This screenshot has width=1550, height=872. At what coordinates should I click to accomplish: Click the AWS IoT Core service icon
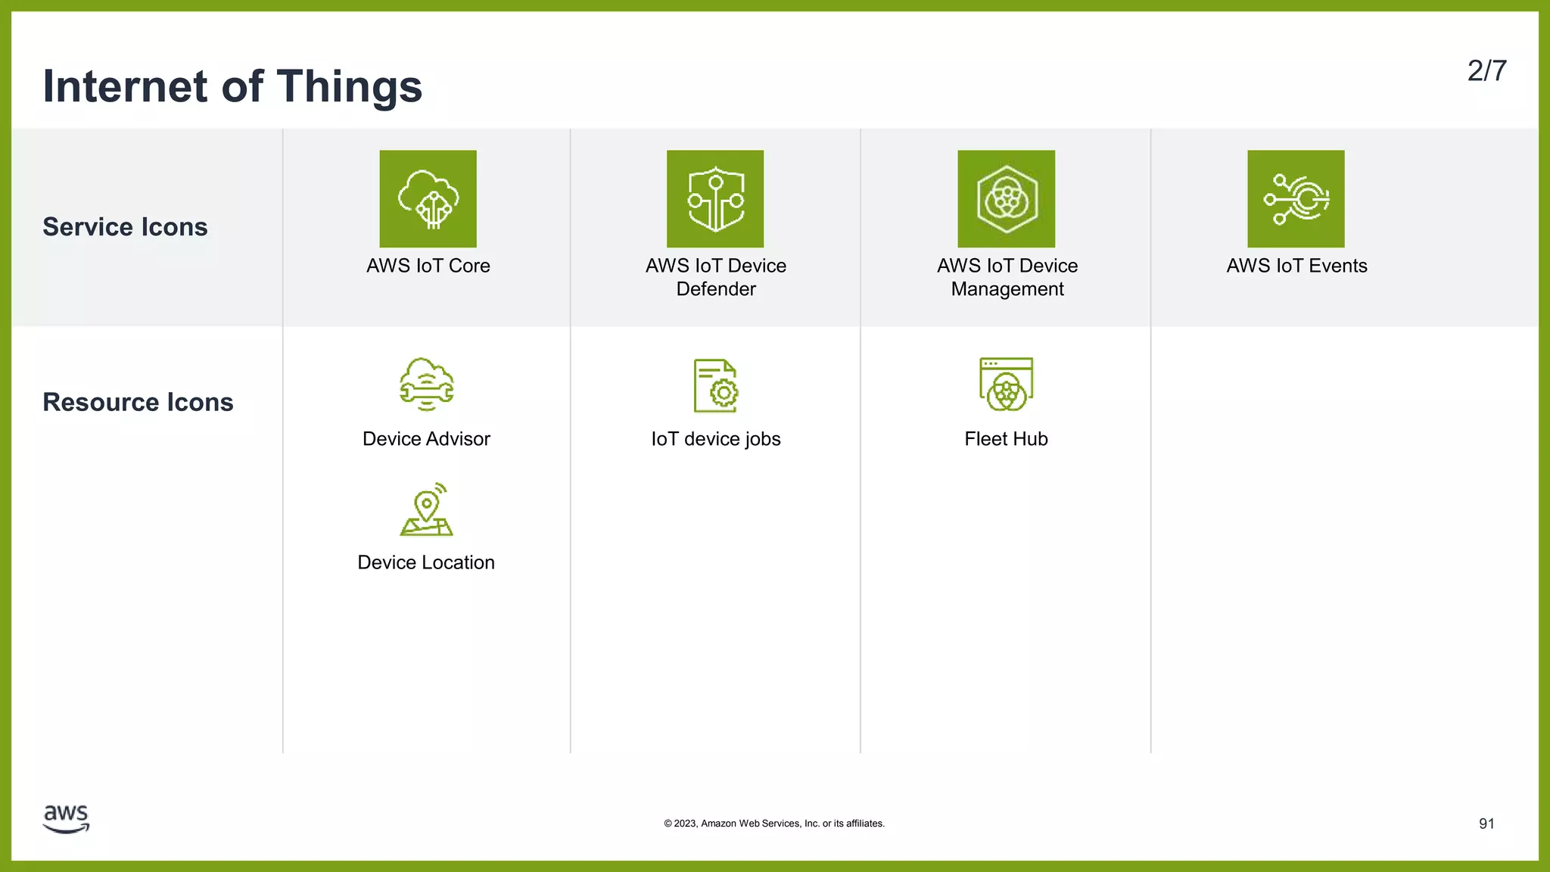pos(428,198)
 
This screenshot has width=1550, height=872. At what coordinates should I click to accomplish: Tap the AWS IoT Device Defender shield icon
pos(715,198)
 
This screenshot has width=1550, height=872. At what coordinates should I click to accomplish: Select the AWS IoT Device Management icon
pos(1006,198)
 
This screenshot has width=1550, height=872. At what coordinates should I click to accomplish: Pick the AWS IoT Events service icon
pos(1296,198)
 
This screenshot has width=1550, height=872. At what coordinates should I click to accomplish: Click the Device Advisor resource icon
pos(427,385)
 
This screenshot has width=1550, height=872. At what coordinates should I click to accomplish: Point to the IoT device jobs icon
pos(716,385)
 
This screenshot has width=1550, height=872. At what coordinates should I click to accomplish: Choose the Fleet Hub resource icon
pos(1006,385)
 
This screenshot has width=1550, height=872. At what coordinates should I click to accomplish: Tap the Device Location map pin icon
pos(427,509)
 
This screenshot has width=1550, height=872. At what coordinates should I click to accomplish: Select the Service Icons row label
pos(125,227)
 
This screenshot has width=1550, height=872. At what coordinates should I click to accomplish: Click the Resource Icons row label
pos(138,402)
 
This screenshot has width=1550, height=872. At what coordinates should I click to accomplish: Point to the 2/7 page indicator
pos(1486,71)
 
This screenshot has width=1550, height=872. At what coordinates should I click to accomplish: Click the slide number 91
pos(1486,824)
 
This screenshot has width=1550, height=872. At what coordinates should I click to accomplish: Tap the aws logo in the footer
pos(67,818)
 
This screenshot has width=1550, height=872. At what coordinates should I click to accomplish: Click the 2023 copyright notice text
pos(774,824)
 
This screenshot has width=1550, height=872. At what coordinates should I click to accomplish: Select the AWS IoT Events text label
pos(1296,266)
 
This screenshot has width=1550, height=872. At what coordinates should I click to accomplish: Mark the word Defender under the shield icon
pos(716,289)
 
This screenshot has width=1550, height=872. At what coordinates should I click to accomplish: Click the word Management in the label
pos(1007,289)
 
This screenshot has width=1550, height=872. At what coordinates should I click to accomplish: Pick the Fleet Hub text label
pos(1006,439)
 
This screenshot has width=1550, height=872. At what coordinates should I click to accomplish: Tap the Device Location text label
pos(426,562)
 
